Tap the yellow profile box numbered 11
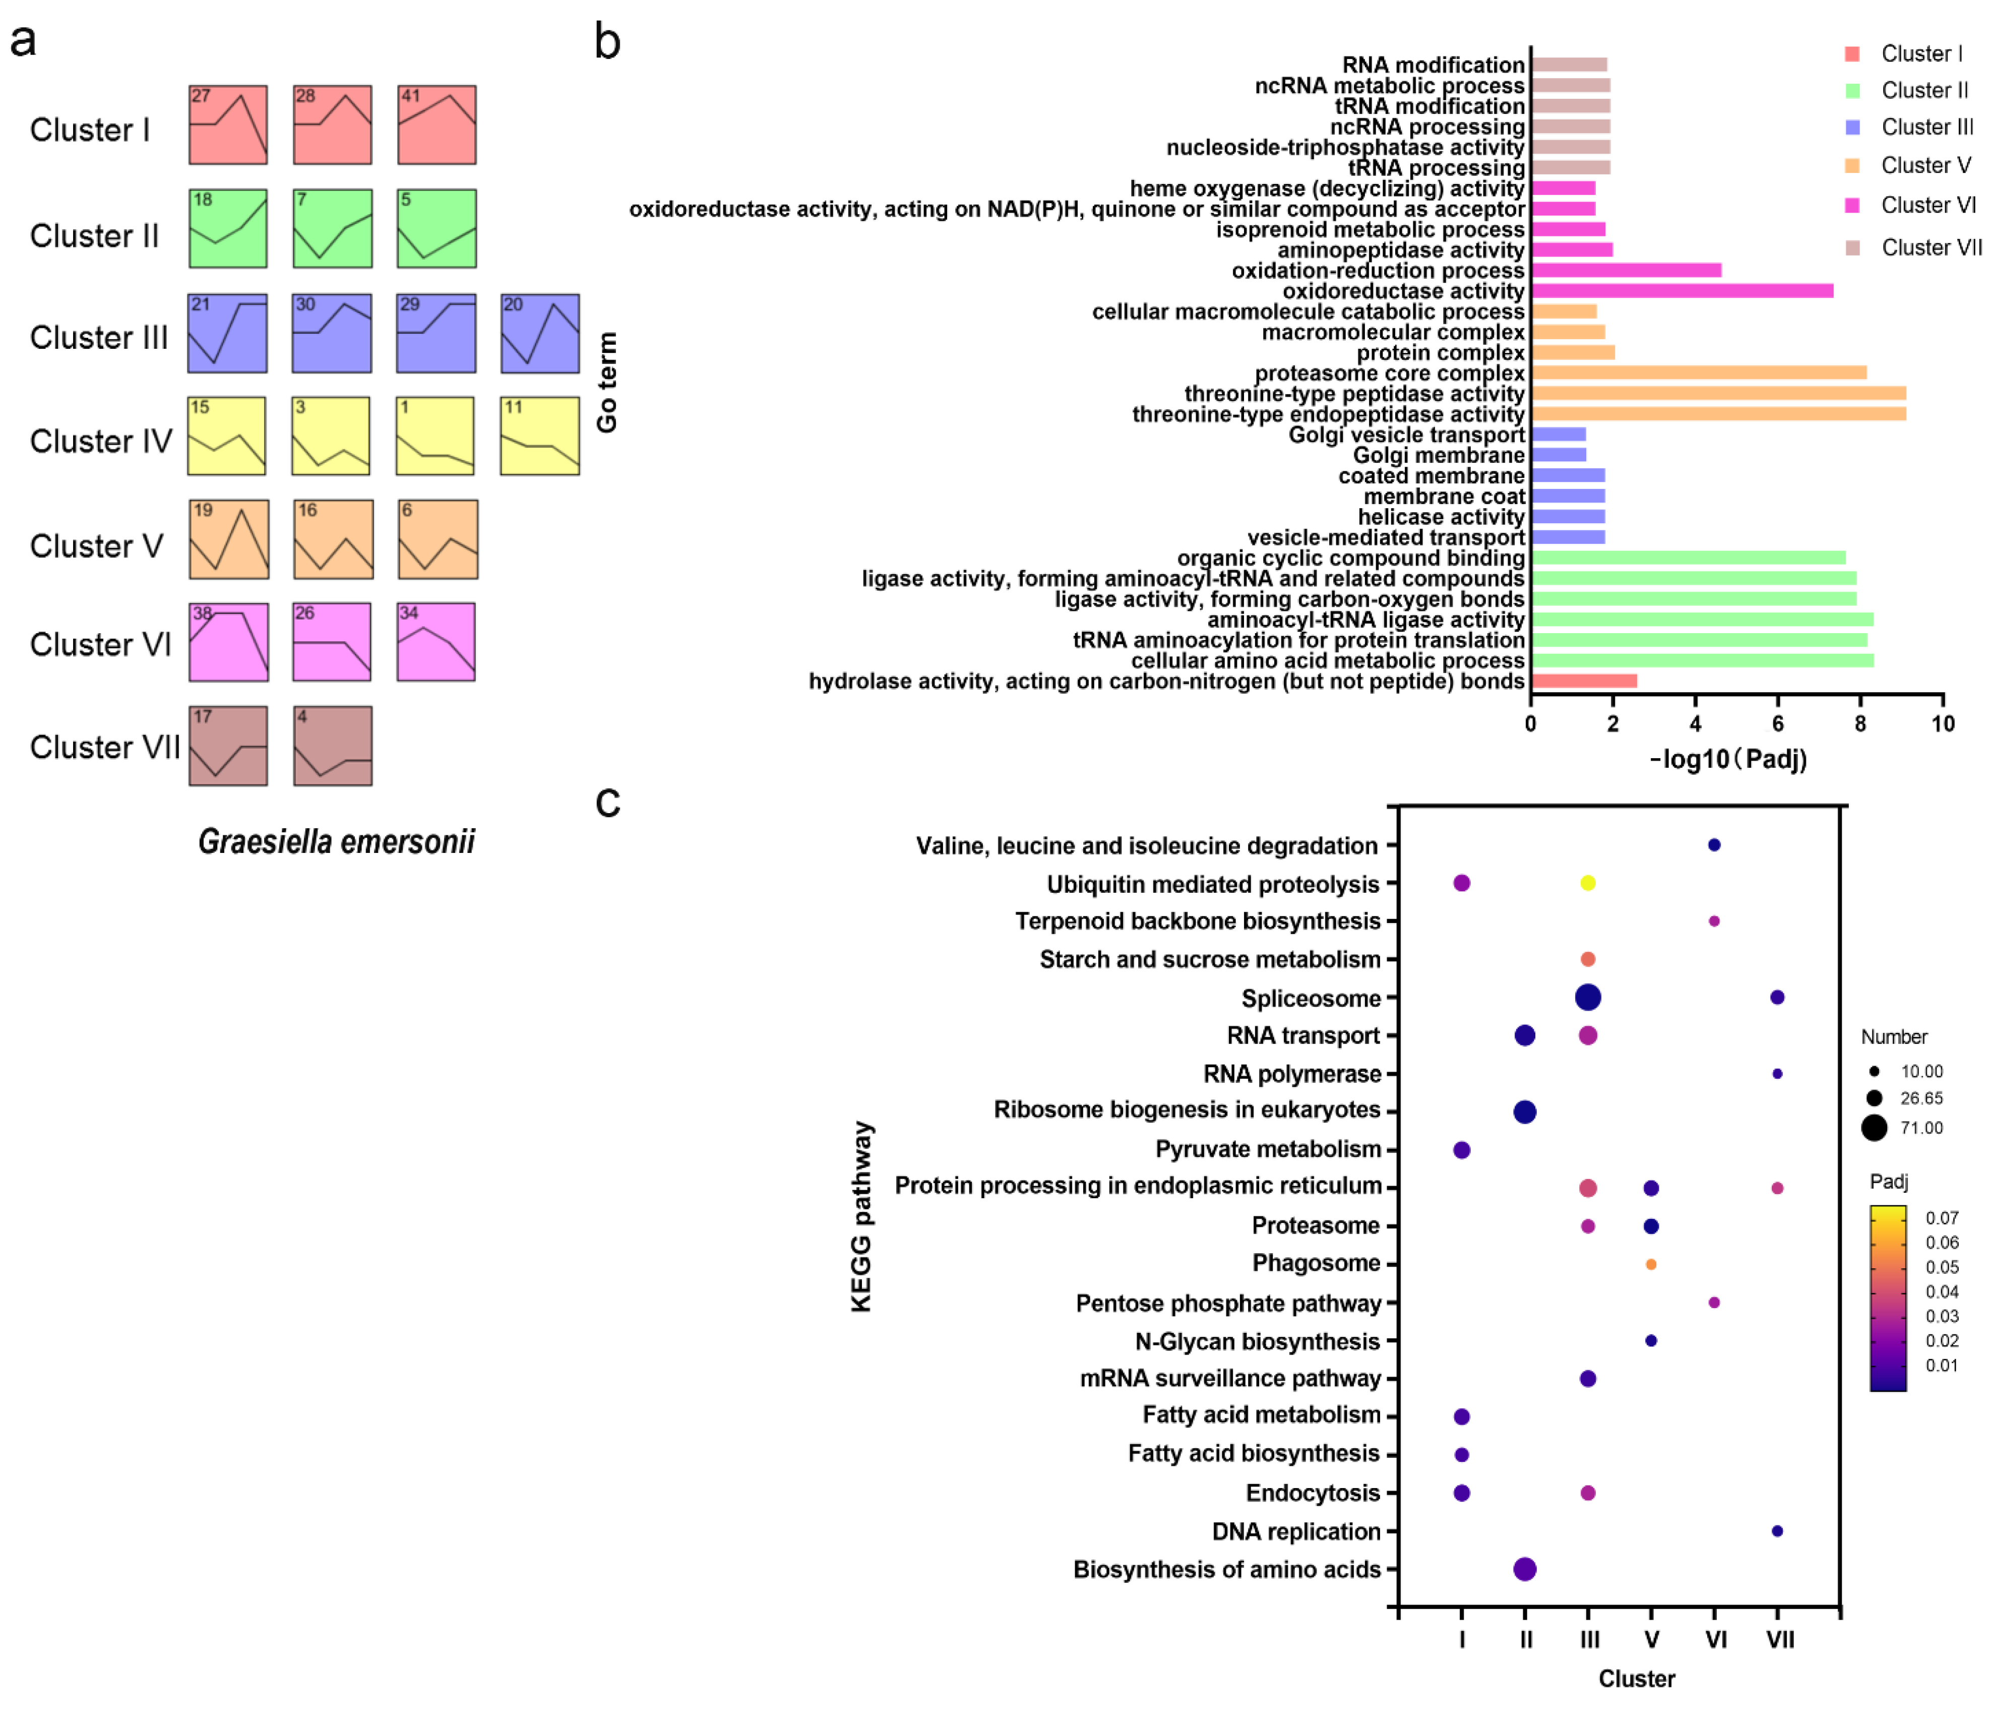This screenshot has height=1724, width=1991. [x=540, y=436]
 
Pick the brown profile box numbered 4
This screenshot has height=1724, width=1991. [x=333, y=747]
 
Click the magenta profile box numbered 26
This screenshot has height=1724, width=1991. [x=332, y=642]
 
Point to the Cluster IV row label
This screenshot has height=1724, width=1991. [x=101, y=442]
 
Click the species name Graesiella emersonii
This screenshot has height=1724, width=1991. [x=337, y=842]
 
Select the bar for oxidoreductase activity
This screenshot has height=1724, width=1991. [x=1682, y=290]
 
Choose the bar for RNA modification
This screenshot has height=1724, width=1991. [x=1569, y=65]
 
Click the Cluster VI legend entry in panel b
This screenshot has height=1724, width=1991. [x=1926, y=205]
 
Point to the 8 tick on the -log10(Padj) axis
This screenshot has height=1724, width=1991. [x=1860, y=723]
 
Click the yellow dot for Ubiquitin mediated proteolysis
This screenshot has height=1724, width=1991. [x=1588, y=883]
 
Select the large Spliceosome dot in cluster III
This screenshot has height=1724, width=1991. [x=1588, y=998]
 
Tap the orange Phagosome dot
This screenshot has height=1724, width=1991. [x=1651, y=1264]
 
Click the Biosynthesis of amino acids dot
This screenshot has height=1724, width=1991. [x=1525, y=1569]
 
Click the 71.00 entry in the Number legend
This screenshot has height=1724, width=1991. [x=1921, y=1128]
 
